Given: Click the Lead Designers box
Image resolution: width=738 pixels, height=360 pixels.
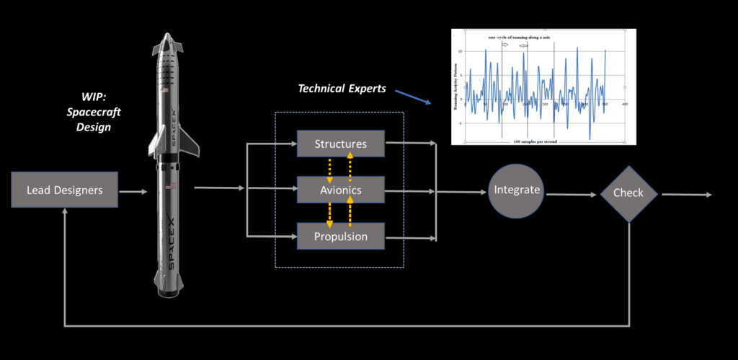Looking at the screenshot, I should point(64,191).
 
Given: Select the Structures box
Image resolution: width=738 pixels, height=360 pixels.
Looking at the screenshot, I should point(340,144).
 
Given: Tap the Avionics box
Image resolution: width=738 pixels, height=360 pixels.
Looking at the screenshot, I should point(340,190).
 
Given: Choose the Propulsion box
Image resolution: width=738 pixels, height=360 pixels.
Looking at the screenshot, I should point(340,236).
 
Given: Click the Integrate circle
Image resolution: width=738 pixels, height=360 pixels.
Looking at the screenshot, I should point(517,190).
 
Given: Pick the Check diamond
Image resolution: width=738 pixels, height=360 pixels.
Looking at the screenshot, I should point(629,193).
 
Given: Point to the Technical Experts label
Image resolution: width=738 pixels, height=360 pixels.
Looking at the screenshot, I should point(342,89).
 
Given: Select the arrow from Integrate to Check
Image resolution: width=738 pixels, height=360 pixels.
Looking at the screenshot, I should point(572,193).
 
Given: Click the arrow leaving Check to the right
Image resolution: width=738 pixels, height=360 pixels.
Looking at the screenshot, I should point(688,194).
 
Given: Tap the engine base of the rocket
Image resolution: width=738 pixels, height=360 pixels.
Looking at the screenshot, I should point(170,289).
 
